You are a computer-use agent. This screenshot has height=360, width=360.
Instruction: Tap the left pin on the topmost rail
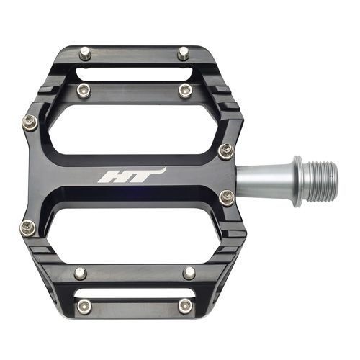coord(86,52)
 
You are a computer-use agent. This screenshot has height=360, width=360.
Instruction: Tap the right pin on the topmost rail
coord(183,52)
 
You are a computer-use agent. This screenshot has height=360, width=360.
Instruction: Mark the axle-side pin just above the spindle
coord(225,150)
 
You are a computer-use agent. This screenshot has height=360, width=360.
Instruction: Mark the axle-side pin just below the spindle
coord(227,196)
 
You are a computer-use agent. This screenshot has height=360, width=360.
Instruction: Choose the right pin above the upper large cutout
coord(186,90)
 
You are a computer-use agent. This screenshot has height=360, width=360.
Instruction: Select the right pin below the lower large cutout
coord(189,273)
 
